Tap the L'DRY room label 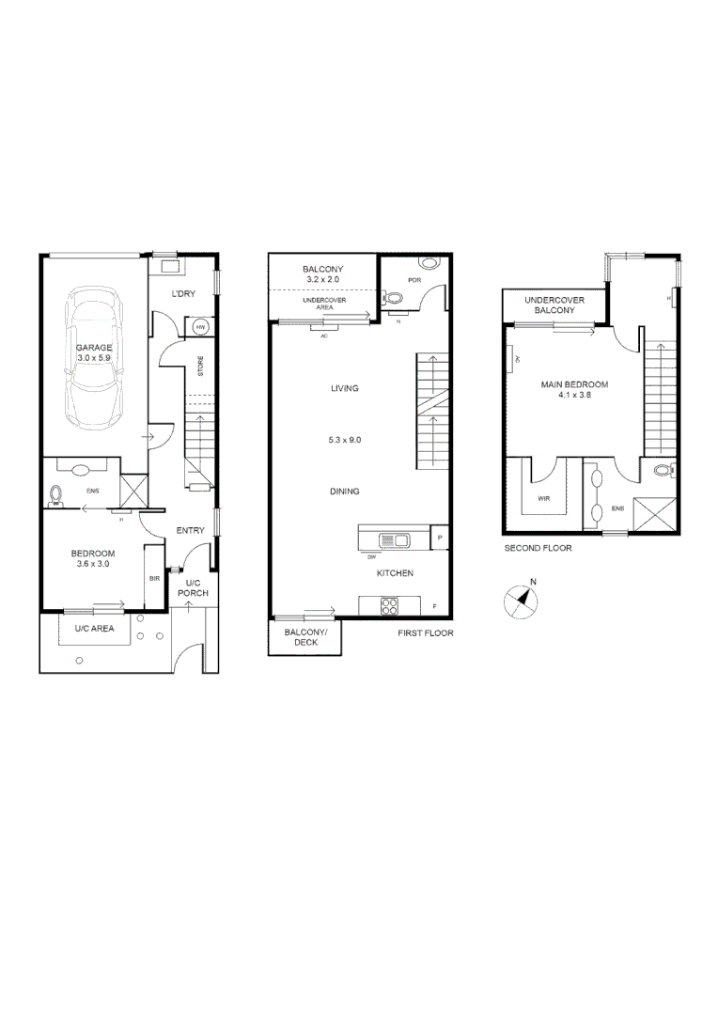click(x=183, y=295)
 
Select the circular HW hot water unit click(x=201, y=327)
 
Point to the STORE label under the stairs click(x=200, y=367)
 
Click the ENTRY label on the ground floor click(x=191, y=531)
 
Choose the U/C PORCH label click(x=192, y=587)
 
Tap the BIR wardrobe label click(x=154, y=580)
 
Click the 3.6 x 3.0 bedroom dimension click(x=92, y=564)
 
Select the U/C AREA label click(x=95, y=629)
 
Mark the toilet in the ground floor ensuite click(x=55, y=493)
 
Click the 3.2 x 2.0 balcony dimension click(x=321, y=280)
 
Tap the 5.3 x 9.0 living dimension click(x=345, y=439)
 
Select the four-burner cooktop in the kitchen click(x=389, y=605)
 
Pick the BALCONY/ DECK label click(x=305, y=638)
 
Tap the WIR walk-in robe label click(x=544, y=500)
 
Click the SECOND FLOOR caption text click(x=538, y=548)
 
